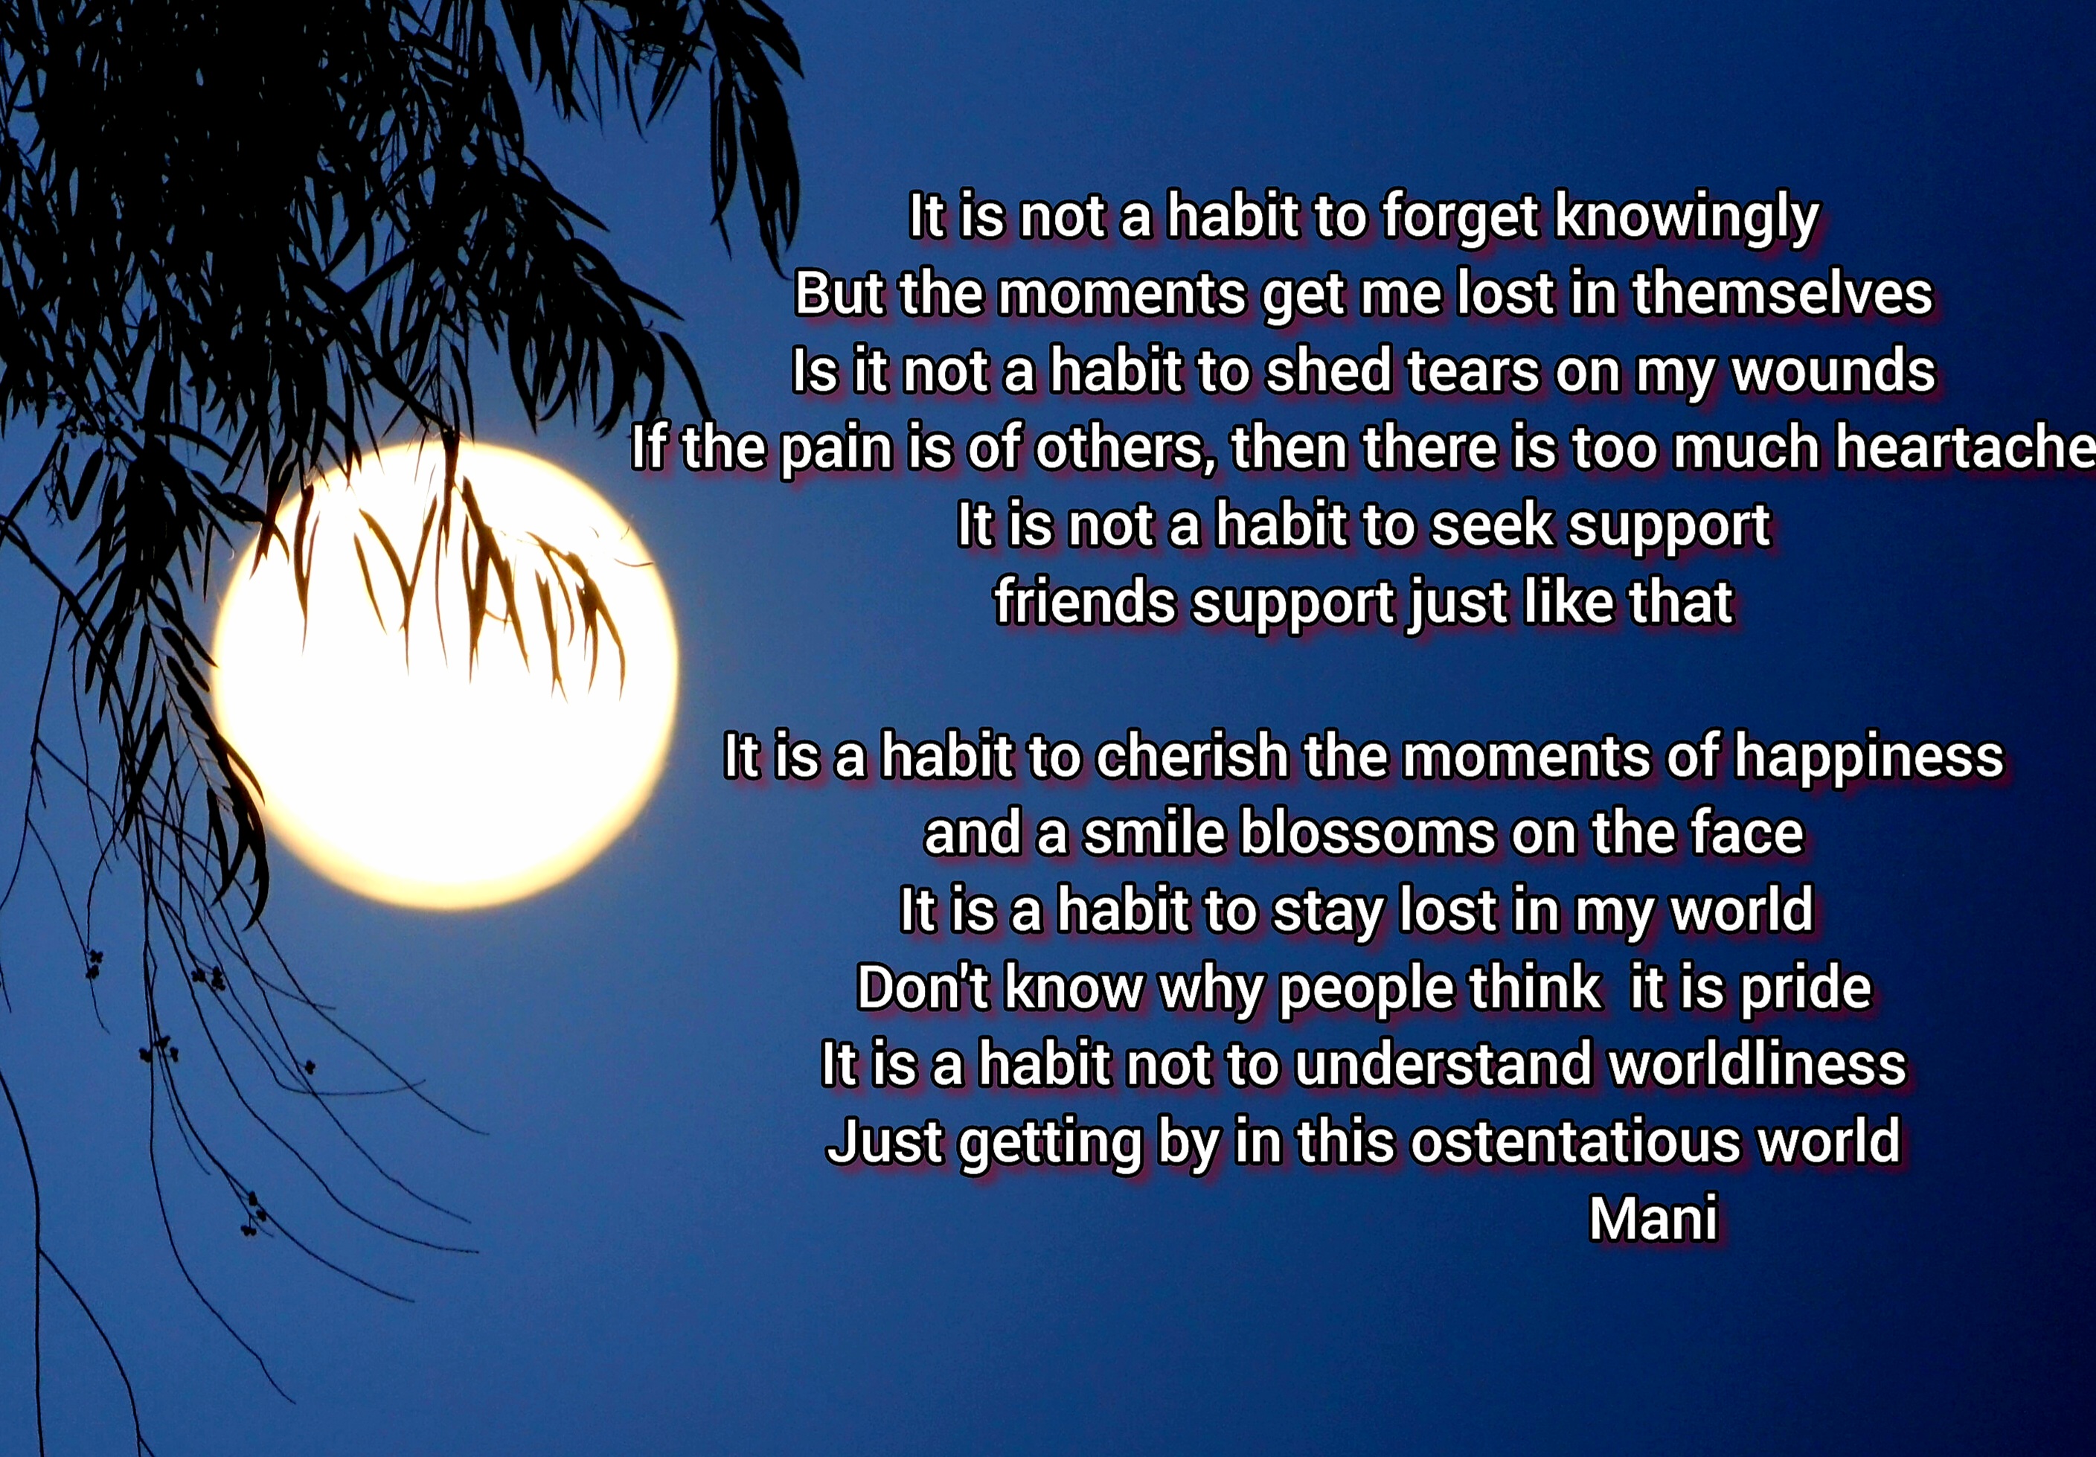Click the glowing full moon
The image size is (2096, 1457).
click(x=445, y=676)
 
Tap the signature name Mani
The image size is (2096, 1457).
click(x=1653, y=1219)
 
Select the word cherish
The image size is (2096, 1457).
click(x=1190, y=756)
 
